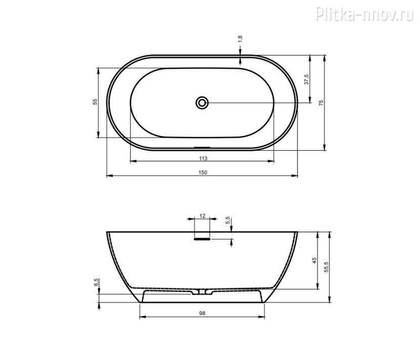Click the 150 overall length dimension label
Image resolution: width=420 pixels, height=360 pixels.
coord(203,172)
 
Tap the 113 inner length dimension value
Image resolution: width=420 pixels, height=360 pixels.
coord(203,158)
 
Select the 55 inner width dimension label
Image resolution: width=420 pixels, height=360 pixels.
coord(95,102)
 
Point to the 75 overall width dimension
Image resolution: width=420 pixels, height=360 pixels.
coord(321,103)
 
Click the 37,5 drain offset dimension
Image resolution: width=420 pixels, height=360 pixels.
coord(307,79)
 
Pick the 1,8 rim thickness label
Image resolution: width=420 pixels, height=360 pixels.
coord(240,38)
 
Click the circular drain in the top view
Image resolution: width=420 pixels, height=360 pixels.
coord(202,103)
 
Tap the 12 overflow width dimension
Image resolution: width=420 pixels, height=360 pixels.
coord(202,216)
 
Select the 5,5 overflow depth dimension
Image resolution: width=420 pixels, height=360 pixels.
coord(228,220)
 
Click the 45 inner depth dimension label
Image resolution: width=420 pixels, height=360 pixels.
coord(314,260)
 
